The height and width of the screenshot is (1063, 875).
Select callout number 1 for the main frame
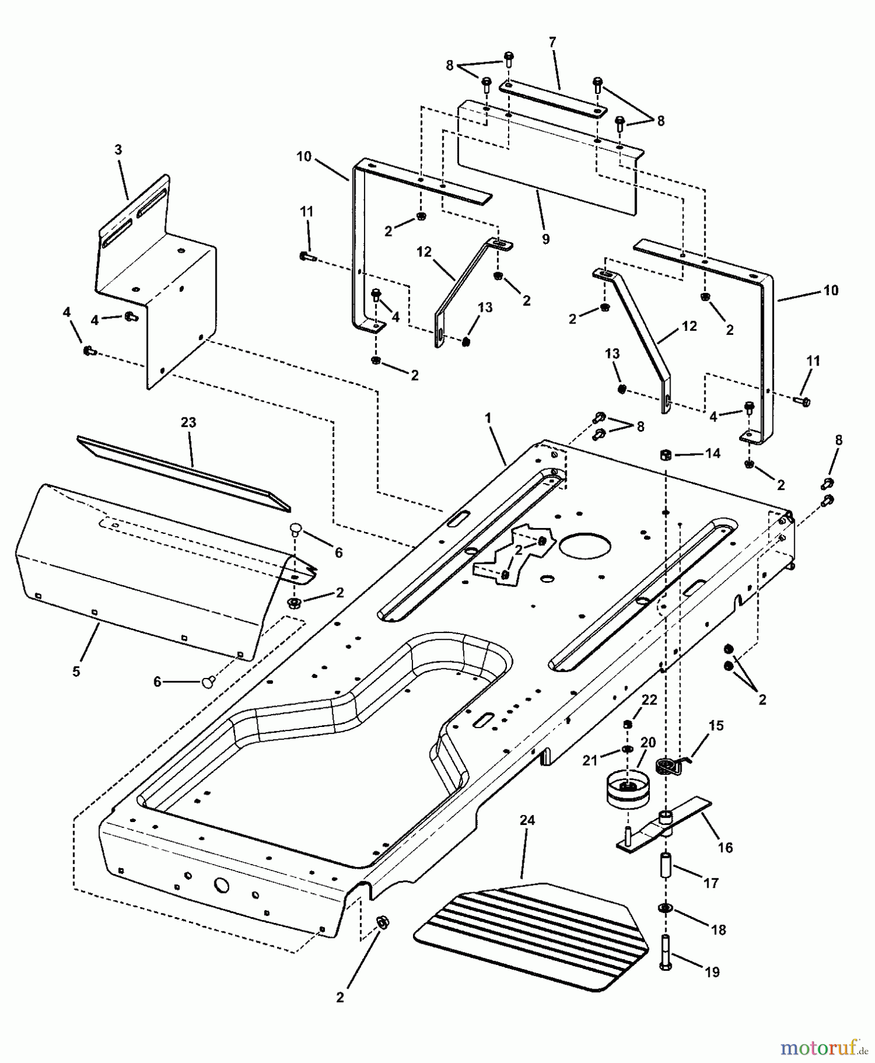point(488,418)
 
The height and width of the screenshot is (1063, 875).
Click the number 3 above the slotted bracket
point(118,150)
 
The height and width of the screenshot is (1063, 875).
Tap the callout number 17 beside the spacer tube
point(711,883)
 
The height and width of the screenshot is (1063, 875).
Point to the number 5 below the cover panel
point(76,671)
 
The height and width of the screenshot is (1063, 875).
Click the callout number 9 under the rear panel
point(545,239)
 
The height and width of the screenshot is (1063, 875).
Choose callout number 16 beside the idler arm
point(725,847)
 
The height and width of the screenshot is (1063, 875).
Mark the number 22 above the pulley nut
point(649,700)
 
